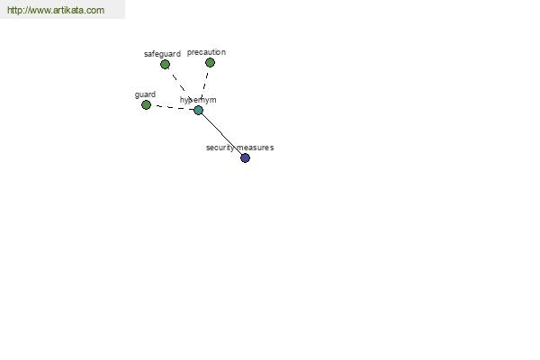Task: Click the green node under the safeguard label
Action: point(165,64)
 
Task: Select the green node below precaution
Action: point(210,62)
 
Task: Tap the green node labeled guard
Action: point(146,104)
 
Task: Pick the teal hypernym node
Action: point(198,110)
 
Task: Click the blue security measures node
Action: point(245,157)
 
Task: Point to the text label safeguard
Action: point(162,54)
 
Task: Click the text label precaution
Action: point(206,52)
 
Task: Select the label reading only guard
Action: point(145,94)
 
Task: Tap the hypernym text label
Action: point(198,100)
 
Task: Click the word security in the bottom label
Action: point(220,148)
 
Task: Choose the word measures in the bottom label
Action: point(256,148)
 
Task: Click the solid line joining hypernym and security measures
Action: point(221,134)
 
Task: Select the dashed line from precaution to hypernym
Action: point(205,85)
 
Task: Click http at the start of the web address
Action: point(14,10)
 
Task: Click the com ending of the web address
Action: point(95,10)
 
